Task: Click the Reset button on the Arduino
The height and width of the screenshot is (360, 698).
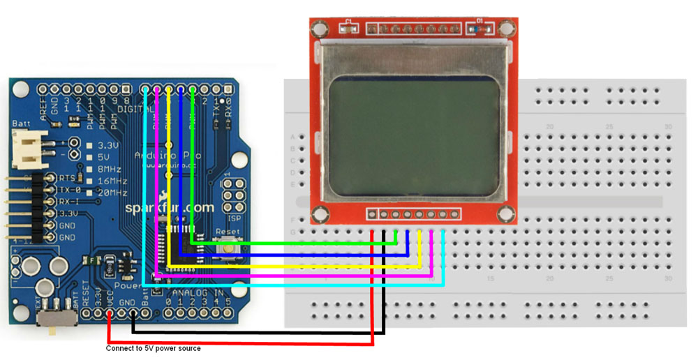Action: coord(227,245)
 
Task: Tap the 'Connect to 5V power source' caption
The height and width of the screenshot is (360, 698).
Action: coord(153,348)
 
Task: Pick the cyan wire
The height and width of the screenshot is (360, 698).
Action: coord(293,285)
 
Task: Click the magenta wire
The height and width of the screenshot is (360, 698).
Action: coord(293,276)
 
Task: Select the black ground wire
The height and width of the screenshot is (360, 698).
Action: coord(258,333)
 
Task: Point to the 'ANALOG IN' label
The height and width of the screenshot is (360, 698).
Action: coord(201,292)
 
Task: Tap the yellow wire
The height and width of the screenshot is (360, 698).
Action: coord(293,266)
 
